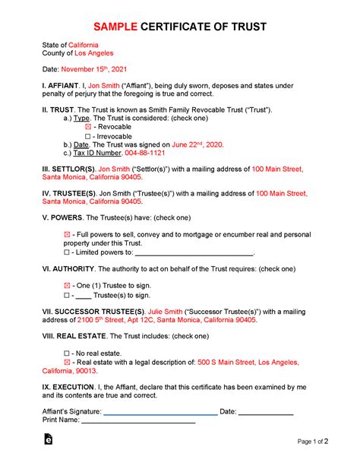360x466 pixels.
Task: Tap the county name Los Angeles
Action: pyautogui.click(x=94, y=54)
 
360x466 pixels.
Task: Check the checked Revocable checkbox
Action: pyautogui.click(x=87, y=128)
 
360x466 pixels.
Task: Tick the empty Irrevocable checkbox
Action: pyautogui.click(x=87, y=137)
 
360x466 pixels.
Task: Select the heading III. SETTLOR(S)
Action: pyautogui.click(x=69, y=167)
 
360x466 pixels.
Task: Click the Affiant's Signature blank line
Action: pyautogui.click(x=159, y=411)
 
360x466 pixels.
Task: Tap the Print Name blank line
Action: pyautogui.click(x=138, y=420)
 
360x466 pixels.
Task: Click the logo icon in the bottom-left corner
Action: pyautogui.click(x=49, y=440)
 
